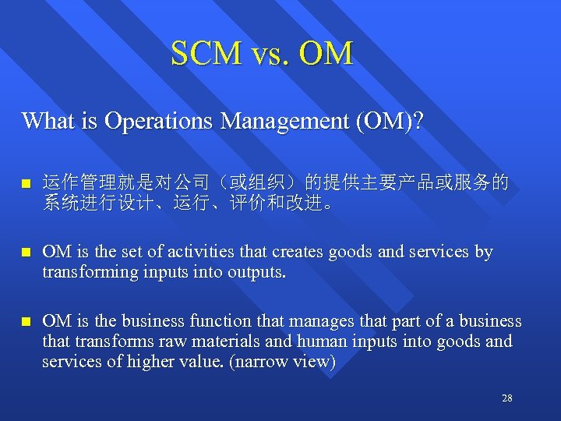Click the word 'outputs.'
(x=258, y=272)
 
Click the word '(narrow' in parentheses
(x=255, y=361)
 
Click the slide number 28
(x=507, y=398)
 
